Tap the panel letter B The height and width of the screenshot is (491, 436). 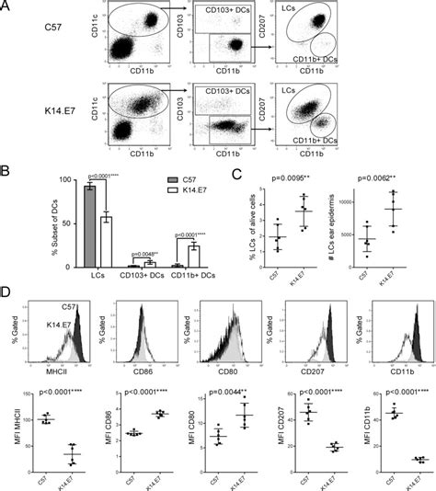(7, 169)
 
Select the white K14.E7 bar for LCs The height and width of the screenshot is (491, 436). (82, 242)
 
